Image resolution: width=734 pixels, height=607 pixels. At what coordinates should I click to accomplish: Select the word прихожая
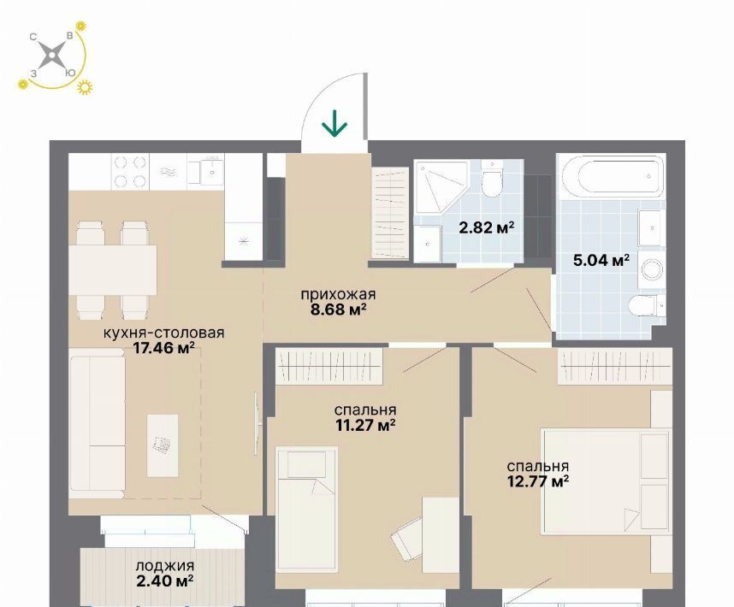pyautogui.click(x=338, y=295)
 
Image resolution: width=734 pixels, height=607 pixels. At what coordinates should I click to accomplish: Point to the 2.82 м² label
pyautogui.click(x=487, y=227)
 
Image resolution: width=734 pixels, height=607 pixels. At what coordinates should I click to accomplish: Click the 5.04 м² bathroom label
pyautogui.click(x=601, y=260)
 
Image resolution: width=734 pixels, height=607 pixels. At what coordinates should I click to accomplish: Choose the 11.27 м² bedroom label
pyautogui.click(x=365, y=426)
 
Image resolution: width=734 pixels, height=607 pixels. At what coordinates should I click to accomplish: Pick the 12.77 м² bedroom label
pyautogui.click(x=538, y=481)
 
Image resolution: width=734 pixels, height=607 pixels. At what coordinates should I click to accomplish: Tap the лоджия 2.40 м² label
pyautogui.click(x=165, y=574)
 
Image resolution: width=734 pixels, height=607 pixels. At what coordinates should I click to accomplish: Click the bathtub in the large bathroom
pyautogui.click(x=611, y=177)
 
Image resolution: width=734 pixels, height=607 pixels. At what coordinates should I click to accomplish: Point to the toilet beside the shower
pyautogui.click(x=492, y=180)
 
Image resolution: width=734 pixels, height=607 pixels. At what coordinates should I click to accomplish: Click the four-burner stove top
pyautogui.click(x=130, y=172)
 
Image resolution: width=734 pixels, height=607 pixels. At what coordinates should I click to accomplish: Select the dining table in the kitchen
pyautogui.click(x=113, y=270)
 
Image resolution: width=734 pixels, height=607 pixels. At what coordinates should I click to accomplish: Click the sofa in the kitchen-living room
pyautogui.click(x=98, y=427)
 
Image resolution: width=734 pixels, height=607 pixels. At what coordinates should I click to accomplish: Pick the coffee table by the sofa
pyautogui.click(x=163, y=445)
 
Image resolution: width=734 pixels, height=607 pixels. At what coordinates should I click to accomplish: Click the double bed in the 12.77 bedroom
pyautogui.click(x=607, y=481)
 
